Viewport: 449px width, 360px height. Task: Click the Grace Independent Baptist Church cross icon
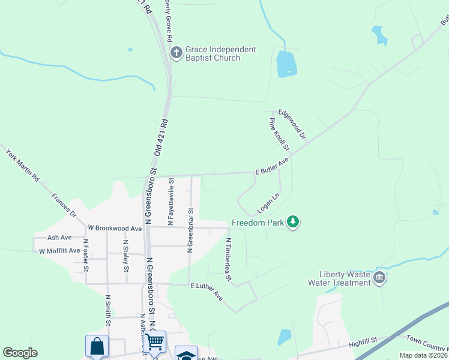point(176,53)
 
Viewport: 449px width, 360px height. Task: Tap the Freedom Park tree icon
point(292,223)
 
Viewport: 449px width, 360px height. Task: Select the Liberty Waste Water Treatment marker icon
point(379,278)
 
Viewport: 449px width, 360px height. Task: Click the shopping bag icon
point(97,346)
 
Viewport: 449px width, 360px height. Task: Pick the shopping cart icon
point(155,342)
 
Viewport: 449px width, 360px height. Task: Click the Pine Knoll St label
point(279,134)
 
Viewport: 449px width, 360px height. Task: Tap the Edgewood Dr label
point(292,124)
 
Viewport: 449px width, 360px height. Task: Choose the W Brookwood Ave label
point(115,229)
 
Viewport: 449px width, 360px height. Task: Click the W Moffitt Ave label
point(59,251)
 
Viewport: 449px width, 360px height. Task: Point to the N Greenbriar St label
point(190,230)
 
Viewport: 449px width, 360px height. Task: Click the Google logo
point(20,353)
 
